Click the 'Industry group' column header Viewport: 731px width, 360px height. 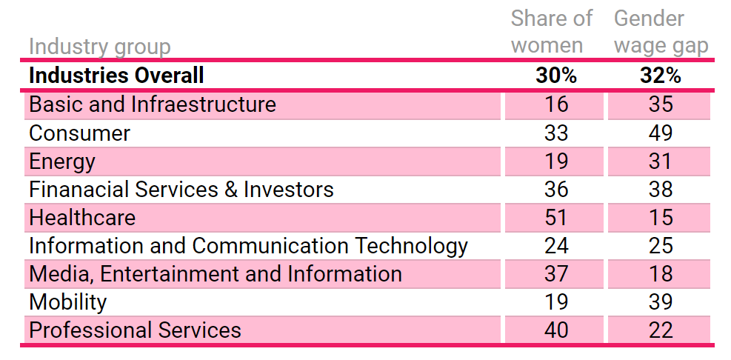(x=99, y=47)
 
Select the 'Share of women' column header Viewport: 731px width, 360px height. (x=552, y=32)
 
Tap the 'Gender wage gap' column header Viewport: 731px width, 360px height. (x=661, y=32)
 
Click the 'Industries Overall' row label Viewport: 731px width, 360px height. (x=116, y=76)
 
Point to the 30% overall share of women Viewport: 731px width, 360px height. (x=555, y=76)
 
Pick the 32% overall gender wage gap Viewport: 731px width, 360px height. (x=660, y=76)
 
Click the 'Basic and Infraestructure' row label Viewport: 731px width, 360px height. (x=153, y=104)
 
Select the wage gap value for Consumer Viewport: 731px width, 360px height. (x=659, y=133)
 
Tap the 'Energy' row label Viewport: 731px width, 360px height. (x=62, y=161)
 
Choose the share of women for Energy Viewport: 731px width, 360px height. (x=555, y=161)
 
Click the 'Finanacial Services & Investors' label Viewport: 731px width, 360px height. (x=181, y=189)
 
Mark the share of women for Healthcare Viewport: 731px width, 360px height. (x=555, y=217)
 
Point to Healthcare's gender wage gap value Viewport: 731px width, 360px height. (x=659, y=217)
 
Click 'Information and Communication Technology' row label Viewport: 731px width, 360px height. (x=248, y=245)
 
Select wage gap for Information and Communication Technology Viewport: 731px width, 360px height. (x=659, y=245)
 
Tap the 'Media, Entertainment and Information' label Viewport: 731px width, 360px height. (x=216, y=273)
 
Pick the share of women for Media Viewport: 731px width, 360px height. (x=555, y=273)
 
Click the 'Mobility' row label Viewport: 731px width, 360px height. (x=67, y=301)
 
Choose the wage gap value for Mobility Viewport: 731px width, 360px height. (x=659, y=301)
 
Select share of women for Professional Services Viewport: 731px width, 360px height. (x=555, y=330)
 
